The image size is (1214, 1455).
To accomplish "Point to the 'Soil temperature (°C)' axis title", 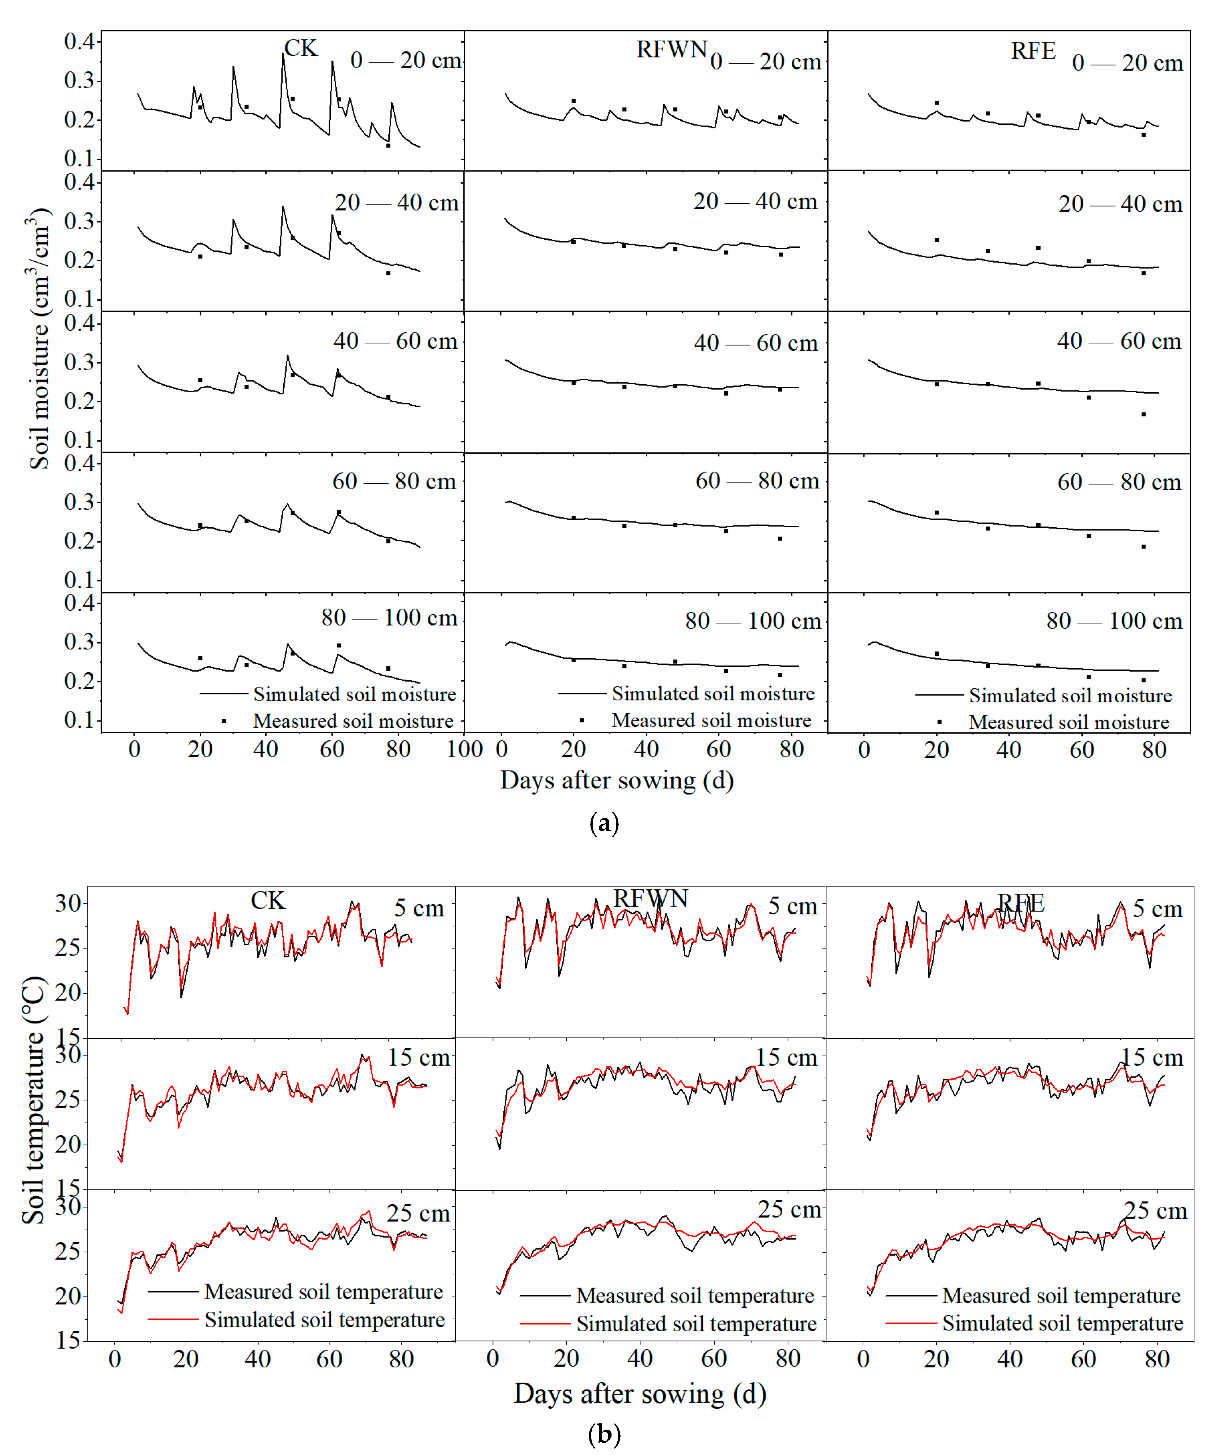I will [33, 1101].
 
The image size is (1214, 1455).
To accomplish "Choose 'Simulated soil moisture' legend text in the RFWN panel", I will [712, 694].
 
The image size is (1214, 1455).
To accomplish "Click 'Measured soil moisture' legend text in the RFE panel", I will [1069, 722].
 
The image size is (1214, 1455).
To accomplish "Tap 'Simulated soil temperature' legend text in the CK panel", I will [324, 1320].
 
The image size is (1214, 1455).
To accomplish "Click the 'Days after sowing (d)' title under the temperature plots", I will [639, 1393].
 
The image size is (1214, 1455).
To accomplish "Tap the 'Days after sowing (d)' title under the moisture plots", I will [617, 780].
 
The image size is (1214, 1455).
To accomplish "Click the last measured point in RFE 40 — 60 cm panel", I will [1143, 414].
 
